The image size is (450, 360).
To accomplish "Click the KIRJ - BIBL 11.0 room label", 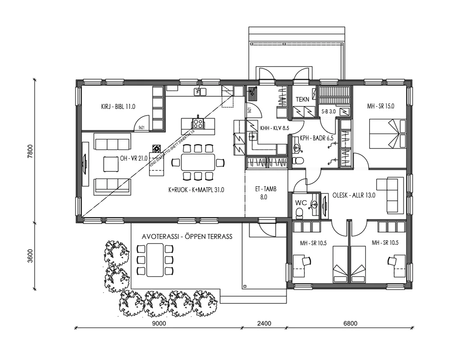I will pyautogui.click(x=118, y=107).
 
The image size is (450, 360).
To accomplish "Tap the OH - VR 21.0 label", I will pyautogui.click(x=135, y=158).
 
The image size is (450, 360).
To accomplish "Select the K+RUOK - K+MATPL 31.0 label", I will pyautogui.click(x=196, y=190).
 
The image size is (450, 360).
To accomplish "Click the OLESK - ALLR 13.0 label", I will pyautogui.click(x=354, y=195).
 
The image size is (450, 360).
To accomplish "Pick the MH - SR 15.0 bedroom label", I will pyautogui.click(x=380, y=107).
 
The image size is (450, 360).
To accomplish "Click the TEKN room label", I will pyautogui.click(x=302, y=99).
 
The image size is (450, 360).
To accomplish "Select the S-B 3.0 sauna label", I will pyautogui.click(x=328, y=111).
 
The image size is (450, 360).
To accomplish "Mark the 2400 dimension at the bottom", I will pyautogui.click(x=264, y=323).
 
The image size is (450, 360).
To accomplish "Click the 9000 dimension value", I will pyautogui.click(x=159, y=323).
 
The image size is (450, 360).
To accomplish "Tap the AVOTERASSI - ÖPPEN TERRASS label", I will pyautogui.click(x=187, y=236).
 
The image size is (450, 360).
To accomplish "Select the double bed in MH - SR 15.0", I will pyautogui.click(x=385, y=134).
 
